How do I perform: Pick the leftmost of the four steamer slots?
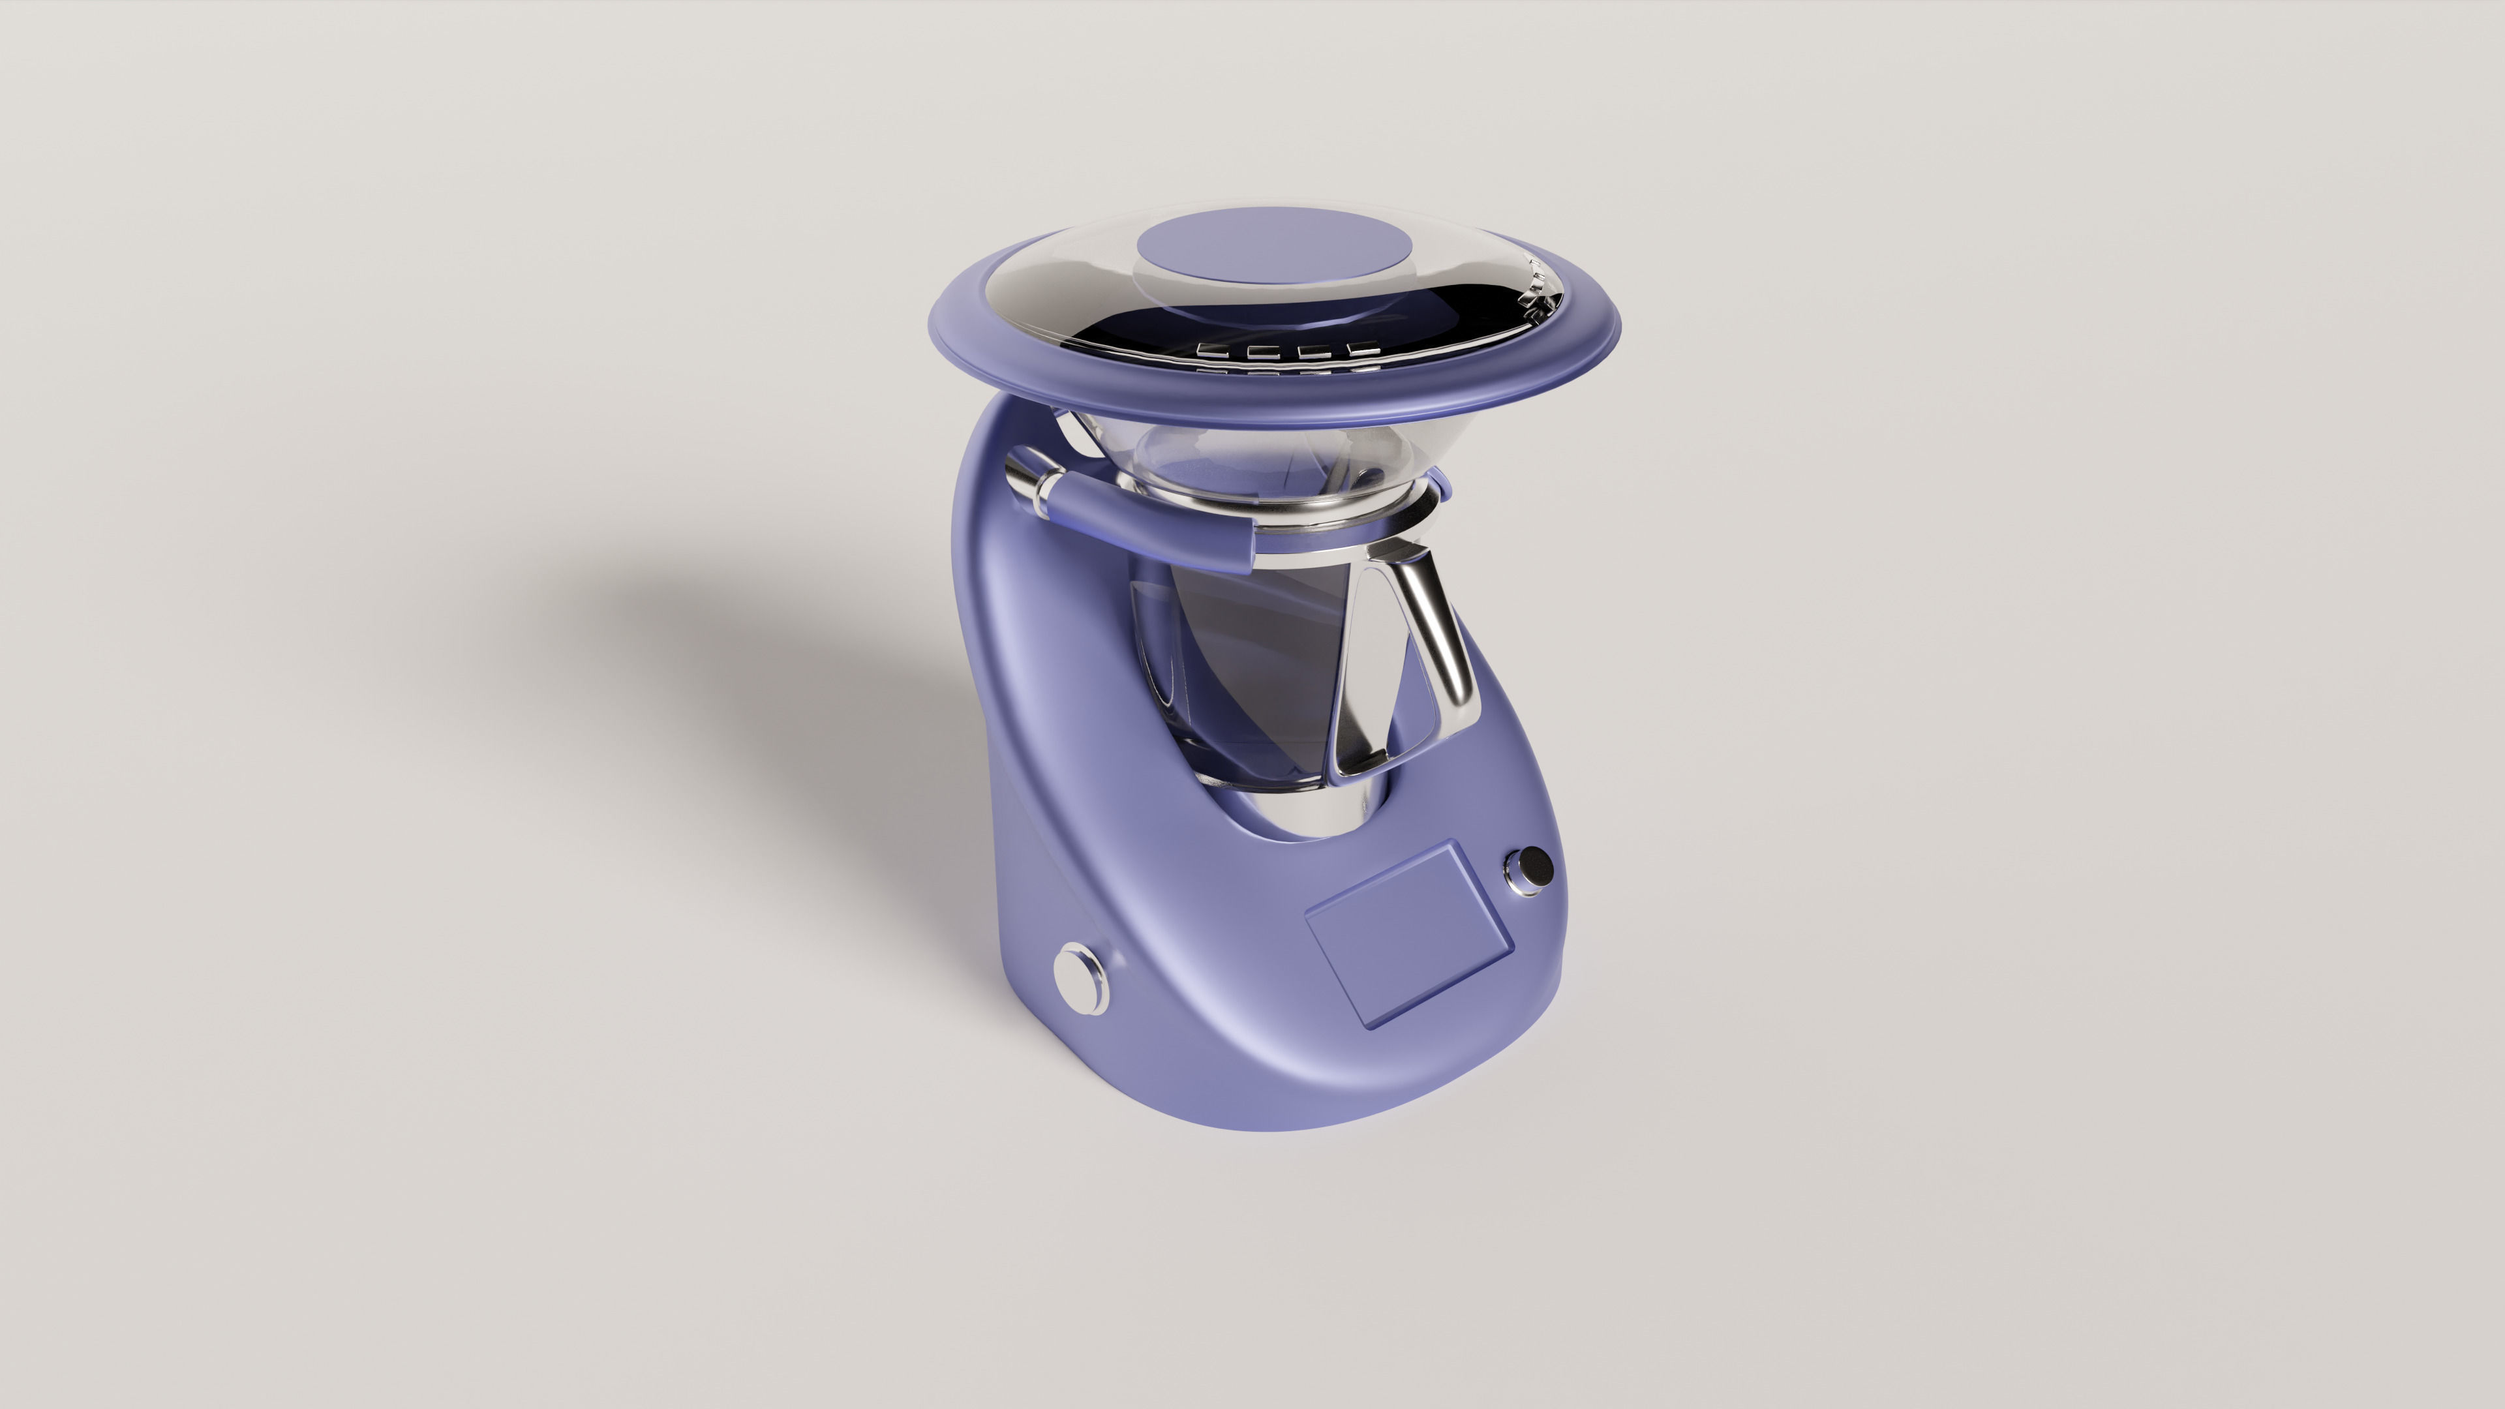click(1213, 351)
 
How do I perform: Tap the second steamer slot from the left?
click(1264, 353)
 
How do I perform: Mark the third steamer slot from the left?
click(1314, 352)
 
